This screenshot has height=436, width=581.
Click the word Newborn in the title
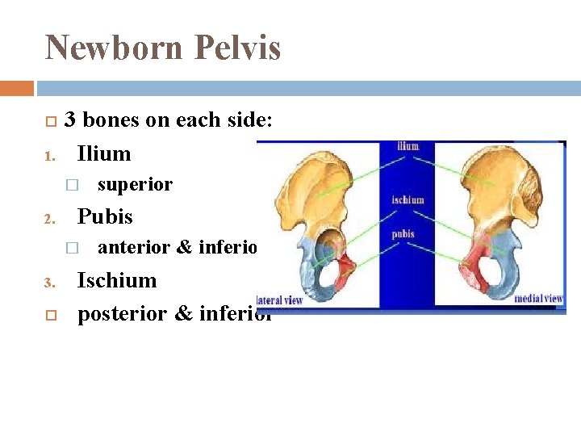pyautogui.click(x=113, y=48)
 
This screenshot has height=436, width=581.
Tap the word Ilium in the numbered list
pyautogui.click(x=103, y=153)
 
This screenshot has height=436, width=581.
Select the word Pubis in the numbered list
pyautogui.click(x=104, y=216)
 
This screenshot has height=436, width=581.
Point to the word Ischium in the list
pyautogui.click(x=117, y=280)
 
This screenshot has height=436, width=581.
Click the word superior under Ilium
pyautogui.click(x=135, y=185)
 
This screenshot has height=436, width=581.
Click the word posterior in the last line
pyautogui.click(x=123, y=313)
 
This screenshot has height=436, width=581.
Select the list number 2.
pyautogui.click(x=48, y=219)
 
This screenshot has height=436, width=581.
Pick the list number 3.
pyautogui.click(x=48, y=283)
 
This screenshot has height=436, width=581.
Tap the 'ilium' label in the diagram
pyautogui.click(x=408, y=147)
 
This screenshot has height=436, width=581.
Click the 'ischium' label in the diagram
pyautogui.click(x=408, y=199)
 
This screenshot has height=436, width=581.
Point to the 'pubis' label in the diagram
pyautogui.click(x=403, y=234)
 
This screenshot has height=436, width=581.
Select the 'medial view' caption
pyautogui.click(x=538, y=299)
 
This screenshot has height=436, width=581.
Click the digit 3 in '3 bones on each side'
pyautogui.click(x=70, y=120)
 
